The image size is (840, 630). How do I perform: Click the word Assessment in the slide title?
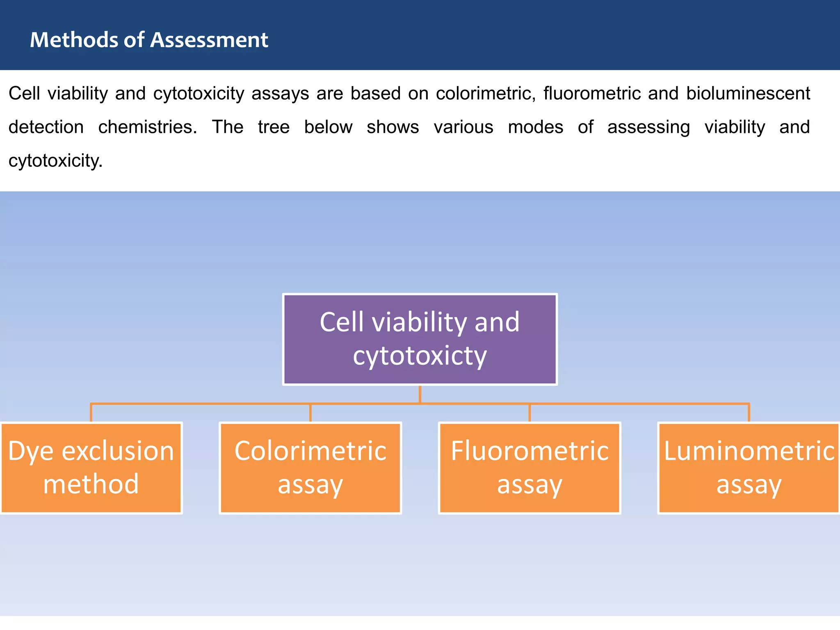(209, 40)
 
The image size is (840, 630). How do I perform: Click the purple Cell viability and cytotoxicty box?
(420, 339)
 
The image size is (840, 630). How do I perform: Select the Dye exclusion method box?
(91, 468)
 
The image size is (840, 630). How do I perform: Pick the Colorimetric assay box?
(310, 468)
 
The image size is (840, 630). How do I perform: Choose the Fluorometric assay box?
(530, 468)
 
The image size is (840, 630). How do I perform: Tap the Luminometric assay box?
(749, 468)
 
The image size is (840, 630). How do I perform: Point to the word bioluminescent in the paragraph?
(748, 94)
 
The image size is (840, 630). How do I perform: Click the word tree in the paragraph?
(274, 127)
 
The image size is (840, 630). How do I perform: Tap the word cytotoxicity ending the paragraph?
(55, 161)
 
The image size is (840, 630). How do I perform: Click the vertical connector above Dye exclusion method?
(91, 413)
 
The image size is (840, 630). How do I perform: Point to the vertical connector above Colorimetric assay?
(310, 413)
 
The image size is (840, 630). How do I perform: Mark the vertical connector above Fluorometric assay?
(530, 413)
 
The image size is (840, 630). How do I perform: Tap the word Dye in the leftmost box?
(31, 452)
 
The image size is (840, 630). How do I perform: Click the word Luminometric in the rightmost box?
(749, 451)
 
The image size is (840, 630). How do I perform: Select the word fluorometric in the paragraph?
(592, 94)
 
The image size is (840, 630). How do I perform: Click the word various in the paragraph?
(463, 127)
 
